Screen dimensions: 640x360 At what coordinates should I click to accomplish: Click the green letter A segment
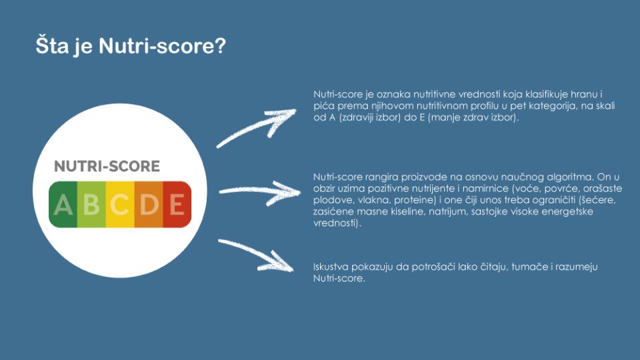[63, 204]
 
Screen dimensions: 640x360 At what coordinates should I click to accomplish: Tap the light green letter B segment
[91, 204]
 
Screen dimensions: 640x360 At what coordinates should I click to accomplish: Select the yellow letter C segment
[120, 204]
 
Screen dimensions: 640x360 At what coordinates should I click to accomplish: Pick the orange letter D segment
[149, 204]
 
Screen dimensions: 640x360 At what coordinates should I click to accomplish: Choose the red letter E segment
[177, 204]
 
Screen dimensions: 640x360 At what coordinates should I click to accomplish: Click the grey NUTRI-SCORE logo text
[107, 166]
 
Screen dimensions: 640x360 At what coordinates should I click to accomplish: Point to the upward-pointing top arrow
[255, 127]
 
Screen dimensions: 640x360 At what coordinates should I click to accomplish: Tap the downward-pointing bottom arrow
[256, 254]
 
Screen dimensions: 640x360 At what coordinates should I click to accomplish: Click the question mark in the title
[219, 45]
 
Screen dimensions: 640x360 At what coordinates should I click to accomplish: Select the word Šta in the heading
[52, 45]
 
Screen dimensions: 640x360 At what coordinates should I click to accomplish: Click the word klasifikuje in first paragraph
[544, 95]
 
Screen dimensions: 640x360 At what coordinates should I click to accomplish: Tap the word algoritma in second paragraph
[570, 177]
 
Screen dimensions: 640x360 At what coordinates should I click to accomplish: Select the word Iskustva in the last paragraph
[331, 267]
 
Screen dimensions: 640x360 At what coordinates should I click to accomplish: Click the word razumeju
[579, 267]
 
